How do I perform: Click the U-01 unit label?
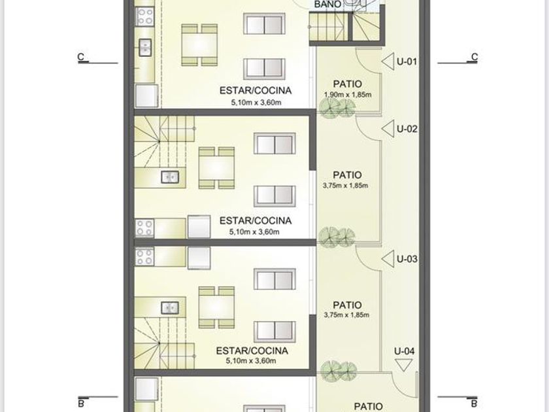(407, 61)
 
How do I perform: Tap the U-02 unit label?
(407, 129)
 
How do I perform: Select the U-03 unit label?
(407, 259)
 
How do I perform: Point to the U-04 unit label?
(404, 351)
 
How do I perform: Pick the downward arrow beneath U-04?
(403, 365)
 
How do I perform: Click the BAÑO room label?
(327, 4)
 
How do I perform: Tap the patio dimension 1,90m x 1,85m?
(347, 95)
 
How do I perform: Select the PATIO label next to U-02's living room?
(347, 175)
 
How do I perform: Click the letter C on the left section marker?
(81, 57)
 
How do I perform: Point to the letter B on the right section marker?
(474, 403)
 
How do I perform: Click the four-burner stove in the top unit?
(145, 16)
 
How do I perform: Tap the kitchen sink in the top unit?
(145, 48)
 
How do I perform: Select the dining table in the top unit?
(199, 45)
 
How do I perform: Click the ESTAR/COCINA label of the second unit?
(256, 221)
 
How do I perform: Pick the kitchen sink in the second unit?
(170, 177)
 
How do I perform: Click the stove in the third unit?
(144, 257)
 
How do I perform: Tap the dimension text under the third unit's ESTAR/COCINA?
(251, 361)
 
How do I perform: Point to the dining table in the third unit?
(216, 307)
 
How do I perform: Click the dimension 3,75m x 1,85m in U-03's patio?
(346, 315)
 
